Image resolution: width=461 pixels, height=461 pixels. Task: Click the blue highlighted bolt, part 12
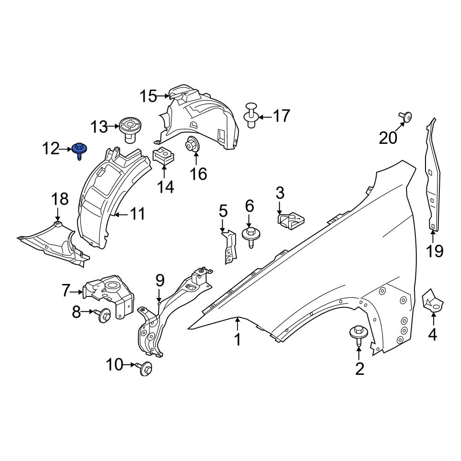click(x=80, y=150)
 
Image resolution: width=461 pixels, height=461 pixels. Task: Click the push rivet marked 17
click(x=251, y=115)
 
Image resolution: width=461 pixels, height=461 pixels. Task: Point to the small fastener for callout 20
click(x=405, y=117)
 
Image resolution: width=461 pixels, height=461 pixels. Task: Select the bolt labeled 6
click(x=249, y=234)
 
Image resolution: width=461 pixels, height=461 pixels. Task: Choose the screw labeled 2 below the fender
click(x=359, y=334)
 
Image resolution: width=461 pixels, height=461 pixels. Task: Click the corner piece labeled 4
click(x=432, y=301)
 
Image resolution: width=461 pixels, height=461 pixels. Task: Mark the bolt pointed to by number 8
click(x=103, y=315)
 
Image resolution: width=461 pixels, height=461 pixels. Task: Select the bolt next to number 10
click(x=146, y=367)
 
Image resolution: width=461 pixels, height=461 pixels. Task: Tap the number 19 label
click(x=434, y=251)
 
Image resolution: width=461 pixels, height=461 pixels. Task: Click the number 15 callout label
click(x=148, y=96)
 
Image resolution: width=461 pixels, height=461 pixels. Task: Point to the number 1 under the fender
click(x=237, y=340)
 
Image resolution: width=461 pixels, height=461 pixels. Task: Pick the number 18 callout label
click(x=59, y=199)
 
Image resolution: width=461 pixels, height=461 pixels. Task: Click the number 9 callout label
click(x=160, y=279)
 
